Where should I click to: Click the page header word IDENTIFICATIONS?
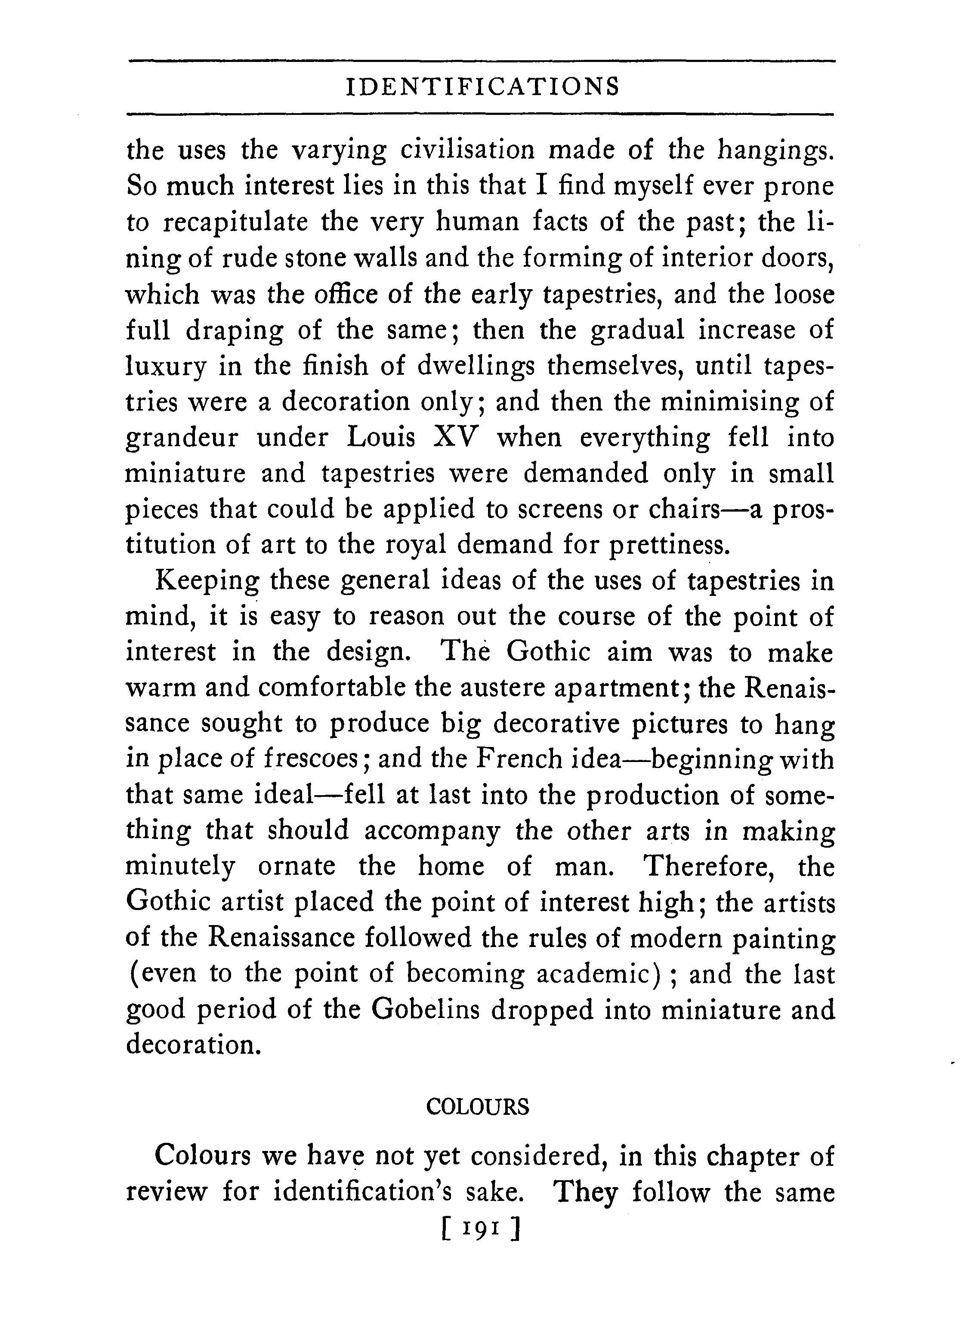[482, 87]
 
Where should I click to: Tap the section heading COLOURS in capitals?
[478, 1107]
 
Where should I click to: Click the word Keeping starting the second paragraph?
[207, 582]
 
